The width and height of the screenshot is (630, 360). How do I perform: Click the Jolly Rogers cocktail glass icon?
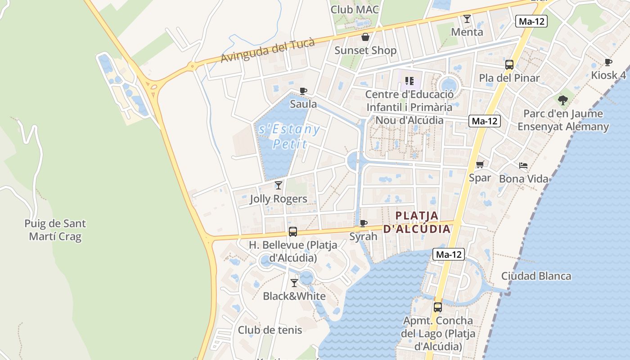point(279,185)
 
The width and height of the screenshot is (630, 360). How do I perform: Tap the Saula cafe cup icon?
point(303,91)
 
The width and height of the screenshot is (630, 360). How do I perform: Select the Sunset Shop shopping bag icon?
point(365,37)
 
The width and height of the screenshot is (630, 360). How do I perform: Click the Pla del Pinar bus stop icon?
point(509,65)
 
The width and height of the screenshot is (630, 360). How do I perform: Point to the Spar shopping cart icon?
point(480,165)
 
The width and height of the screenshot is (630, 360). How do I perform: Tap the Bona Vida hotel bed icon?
point(523,166)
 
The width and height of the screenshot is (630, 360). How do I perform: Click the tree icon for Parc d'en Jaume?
point(562,100)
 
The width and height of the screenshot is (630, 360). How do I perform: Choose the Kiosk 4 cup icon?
point(608,62)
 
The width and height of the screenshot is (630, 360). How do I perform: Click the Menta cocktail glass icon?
point(467,19)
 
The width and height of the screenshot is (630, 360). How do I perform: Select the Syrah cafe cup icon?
point(364,223)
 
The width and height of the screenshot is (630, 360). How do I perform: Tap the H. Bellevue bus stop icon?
point(293,232)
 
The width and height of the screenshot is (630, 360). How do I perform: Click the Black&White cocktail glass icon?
point(294,283)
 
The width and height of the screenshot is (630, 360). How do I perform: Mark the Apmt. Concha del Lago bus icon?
point(438,307)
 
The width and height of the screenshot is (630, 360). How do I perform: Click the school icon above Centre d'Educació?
point(409,81)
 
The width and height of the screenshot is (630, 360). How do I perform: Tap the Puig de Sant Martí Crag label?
point(55,229)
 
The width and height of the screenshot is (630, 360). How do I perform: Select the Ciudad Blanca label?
point(536,276)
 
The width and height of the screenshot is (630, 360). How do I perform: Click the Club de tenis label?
point(270,330)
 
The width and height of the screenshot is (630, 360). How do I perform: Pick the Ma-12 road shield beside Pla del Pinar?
point(532,21)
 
